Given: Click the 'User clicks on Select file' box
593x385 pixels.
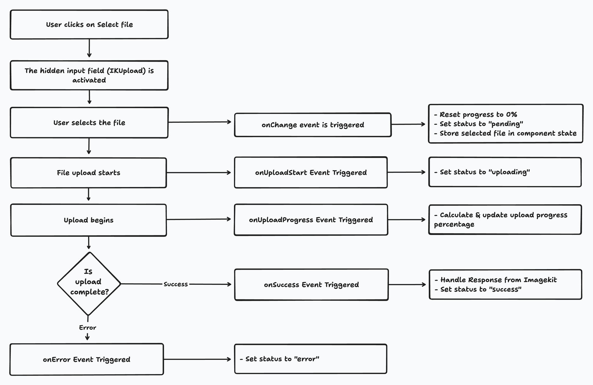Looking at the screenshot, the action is [89, 24].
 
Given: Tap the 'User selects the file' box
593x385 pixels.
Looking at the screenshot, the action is [89, 122].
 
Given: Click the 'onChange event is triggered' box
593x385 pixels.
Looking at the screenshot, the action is [313, 125].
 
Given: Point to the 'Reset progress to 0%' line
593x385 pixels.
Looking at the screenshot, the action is [475, 114].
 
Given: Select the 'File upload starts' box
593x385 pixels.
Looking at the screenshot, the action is [88, 173].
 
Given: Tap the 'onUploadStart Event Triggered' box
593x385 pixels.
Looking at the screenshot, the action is [311, 172].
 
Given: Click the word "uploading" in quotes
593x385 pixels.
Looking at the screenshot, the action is [509, 172].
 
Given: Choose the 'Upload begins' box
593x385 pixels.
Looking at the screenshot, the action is [88, 220].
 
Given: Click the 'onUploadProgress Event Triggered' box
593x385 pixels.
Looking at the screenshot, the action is [311, 220].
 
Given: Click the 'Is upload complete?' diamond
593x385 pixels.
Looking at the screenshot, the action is [89, 284].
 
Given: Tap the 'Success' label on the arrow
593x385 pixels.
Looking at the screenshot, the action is [176, 284].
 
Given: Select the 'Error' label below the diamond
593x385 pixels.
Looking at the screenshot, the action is [87, 328].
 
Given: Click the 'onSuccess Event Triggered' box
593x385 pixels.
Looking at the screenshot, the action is [311, 285].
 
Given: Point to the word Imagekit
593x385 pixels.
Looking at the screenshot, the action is [540, 280].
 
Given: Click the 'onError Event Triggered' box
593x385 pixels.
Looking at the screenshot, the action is [87, 359].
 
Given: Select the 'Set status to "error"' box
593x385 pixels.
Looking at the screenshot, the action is [310, 359].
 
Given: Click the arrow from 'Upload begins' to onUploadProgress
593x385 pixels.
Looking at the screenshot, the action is [199, 219].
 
